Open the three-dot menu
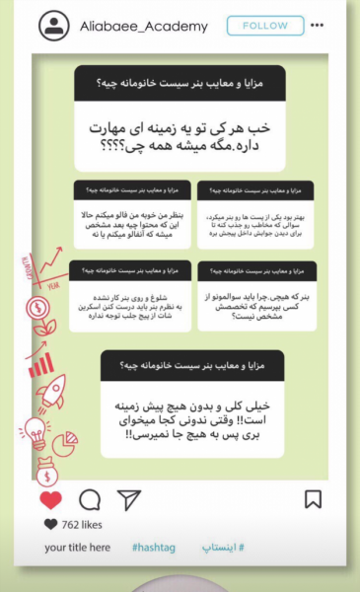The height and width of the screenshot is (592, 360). (316, 26)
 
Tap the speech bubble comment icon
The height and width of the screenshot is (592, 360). (90, 499)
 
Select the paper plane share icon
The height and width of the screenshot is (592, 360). (129, 499)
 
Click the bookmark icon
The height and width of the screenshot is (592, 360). (313, 499)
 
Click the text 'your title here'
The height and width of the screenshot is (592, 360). (78, 547)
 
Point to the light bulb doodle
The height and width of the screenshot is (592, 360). (36, 430)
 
